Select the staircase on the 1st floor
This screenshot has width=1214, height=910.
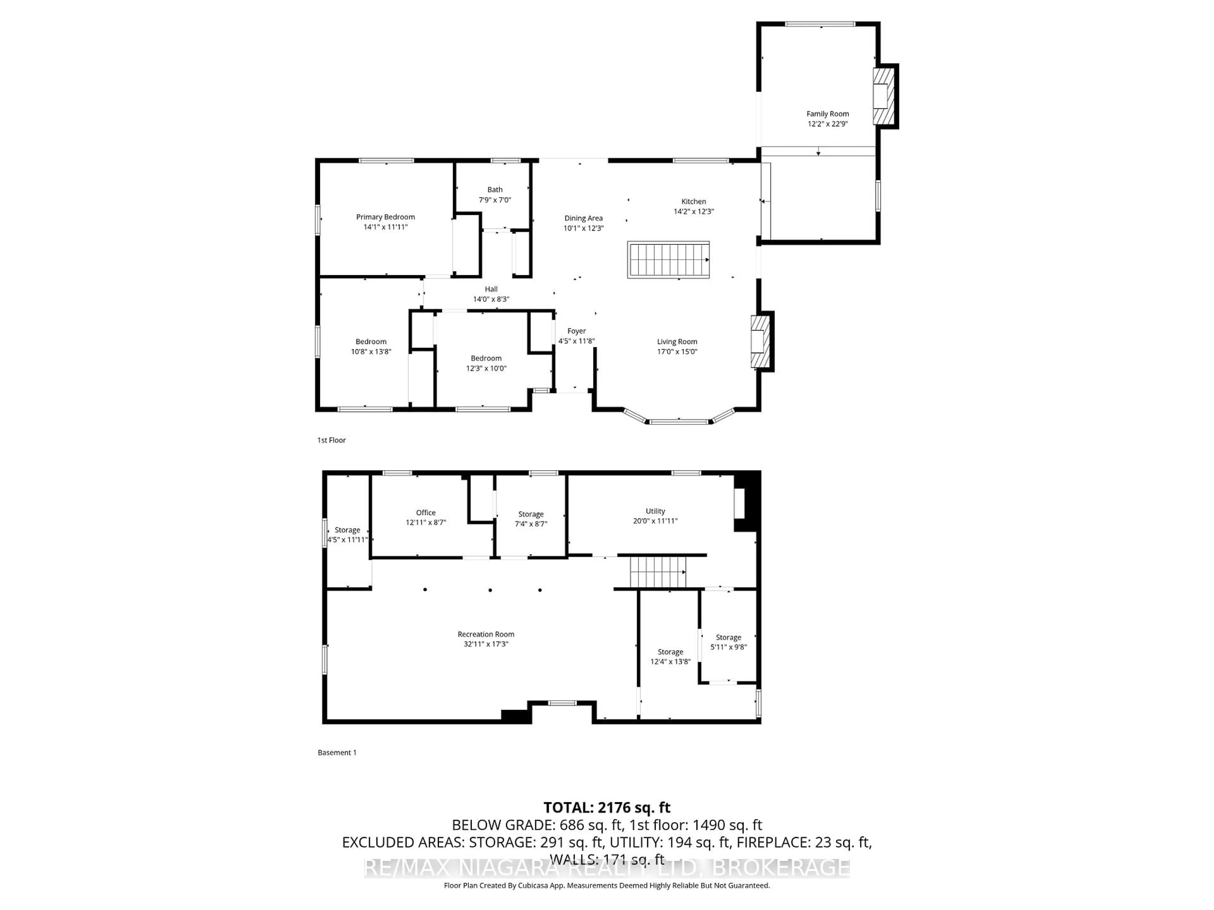668,259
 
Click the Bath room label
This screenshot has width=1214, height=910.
494,190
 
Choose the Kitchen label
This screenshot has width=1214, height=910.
693,201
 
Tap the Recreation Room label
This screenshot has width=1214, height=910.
486,634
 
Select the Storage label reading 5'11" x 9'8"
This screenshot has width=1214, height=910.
728,637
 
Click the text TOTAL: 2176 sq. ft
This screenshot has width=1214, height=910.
606,807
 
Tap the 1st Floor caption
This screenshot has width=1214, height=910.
332,440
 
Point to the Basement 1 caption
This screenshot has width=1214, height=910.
337,753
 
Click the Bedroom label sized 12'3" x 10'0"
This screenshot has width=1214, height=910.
486,358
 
